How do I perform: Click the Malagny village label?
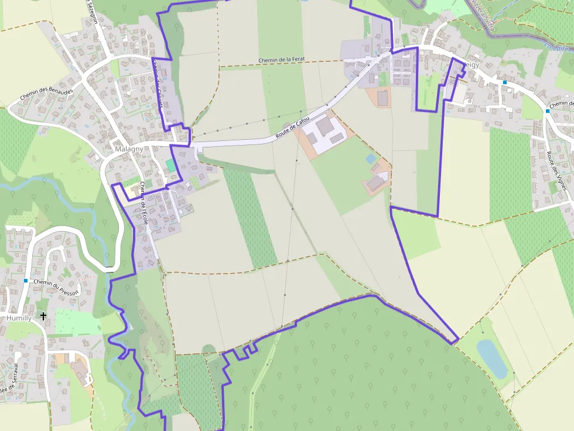pos(128,149)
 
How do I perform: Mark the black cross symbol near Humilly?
pos(43,316)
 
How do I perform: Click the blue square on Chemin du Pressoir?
pos(26,281)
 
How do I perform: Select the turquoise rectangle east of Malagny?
pos(170,165)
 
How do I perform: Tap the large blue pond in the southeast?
pos(491,358)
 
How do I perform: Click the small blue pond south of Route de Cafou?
pos(371,158)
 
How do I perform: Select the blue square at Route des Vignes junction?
pos(548,111)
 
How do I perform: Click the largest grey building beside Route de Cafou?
pos(324,125)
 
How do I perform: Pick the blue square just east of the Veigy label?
pos(504,82)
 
